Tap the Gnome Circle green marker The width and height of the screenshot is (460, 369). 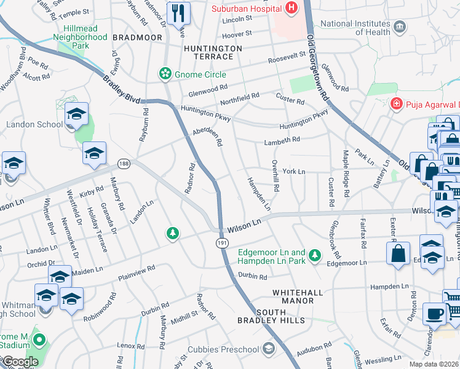[165, 74]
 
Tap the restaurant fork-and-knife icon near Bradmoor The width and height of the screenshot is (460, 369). [178, 12]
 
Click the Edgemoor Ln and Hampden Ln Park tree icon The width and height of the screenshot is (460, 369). [315, 254]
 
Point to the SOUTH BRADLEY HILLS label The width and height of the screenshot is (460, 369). [271, 320]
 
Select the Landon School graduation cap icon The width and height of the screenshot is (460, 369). [76, 114]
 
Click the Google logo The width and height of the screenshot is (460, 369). [20, 362]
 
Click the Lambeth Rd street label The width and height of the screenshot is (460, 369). [282, 140]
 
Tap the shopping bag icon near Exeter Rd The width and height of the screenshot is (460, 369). [399, 252]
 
